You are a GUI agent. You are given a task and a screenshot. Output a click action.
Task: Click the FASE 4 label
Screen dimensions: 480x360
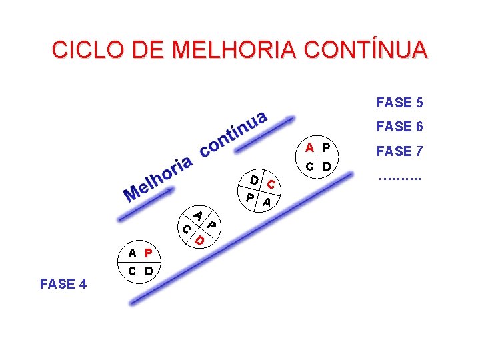pos(63,284)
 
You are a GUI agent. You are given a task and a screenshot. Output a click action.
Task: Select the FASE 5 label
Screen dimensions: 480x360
pos(399,103)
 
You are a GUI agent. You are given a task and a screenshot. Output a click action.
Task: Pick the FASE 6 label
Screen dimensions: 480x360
pos(399,127)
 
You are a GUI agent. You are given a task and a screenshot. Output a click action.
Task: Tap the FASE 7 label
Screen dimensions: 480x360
pos(399,151)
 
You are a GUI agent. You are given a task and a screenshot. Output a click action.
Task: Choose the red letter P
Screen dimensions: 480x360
pos(149,253)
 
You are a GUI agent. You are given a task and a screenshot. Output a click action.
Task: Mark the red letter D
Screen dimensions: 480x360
pos(199,238)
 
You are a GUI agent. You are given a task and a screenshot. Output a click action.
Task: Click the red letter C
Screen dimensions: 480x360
pos(271,183)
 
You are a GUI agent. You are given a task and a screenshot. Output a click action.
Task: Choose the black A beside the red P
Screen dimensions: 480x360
pos(133,253)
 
